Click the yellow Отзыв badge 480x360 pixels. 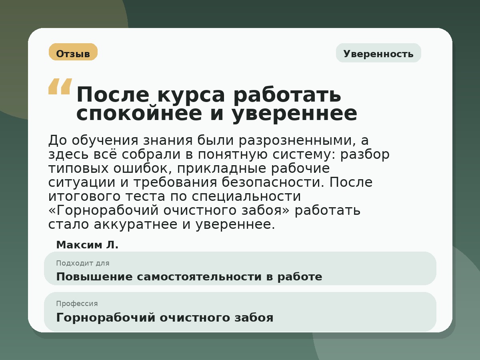pyautogui.click(x=73, y=52)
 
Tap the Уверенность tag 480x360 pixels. pyautogui.click(x=378, y=53)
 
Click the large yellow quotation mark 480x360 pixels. pyautogui.click(x=60, y=86)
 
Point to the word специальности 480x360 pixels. pyautogui.click(x=246, y=197)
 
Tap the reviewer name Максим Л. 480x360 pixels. pyautogui.click(x=87, y=245)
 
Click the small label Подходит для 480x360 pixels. pyautogui.click(x=82, y=263)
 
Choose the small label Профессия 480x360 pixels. pyautogui.click(x=77, y=304)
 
